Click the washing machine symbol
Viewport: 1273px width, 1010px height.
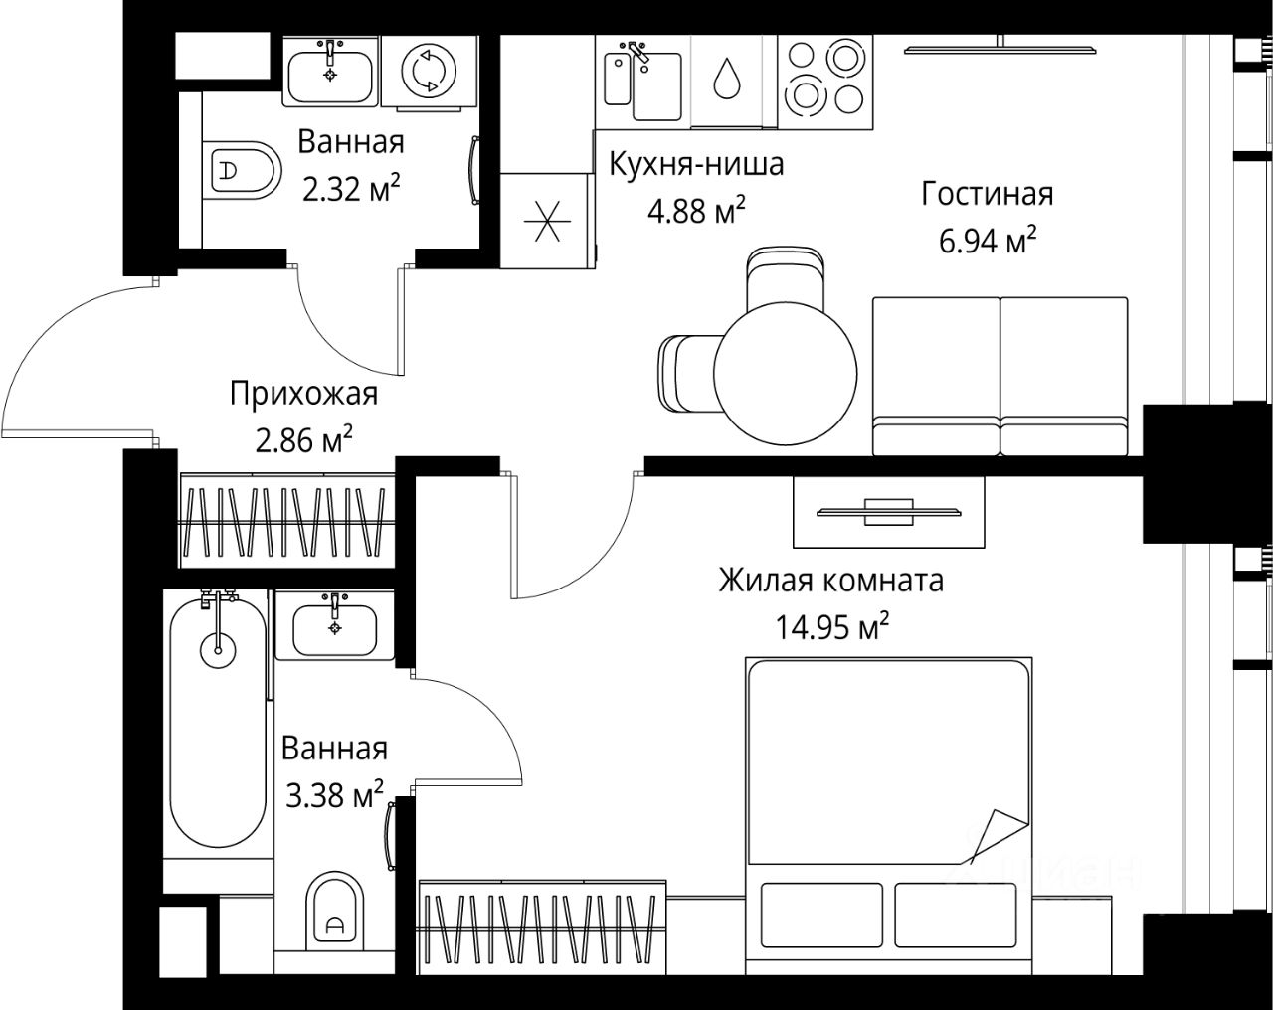click(429, 71)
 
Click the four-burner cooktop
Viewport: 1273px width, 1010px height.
click(825, 82)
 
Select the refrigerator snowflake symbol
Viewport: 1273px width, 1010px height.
click(548, 221)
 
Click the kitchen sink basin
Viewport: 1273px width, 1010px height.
click(657, 86)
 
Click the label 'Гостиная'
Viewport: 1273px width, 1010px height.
click(988, 194)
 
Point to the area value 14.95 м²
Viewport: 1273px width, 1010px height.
click(832, 627)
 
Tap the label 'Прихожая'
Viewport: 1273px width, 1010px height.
click(303, 395)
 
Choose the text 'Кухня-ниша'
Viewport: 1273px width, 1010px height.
click(696, 164)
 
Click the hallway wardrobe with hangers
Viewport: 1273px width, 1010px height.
click(287, 520)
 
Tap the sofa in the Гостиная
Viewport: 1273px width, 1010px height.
click(1000, 377)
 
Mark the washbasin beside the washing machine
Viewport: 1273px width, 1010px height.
click(330, 72)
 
